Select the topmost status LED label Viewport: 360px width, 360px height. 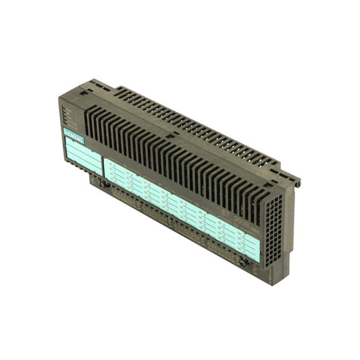click(x=70, y=107)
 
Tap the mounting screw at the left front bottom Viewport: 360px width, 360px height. click(x=99, y=183)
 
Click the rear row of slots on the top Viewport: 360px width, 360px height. click(x=203, y=115)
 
